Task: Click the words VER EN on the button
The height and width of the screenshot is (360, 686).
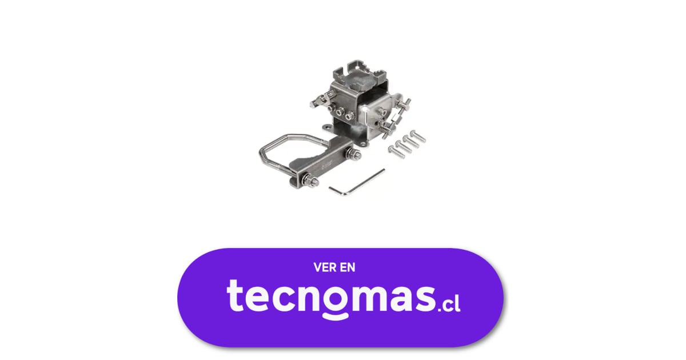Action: [x=334, y=267]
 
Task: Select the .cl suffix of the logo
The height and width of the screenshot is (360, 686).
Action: [x=449, y=304]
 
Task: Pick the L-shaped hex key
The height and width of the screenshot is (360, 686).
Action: [x=357, y=183]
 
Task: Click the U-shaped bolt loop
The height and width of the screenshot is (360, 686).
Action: [x=282, y=153]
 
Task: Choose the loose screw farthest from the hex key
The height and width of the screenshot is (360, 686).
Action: [x=418, y=136]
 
